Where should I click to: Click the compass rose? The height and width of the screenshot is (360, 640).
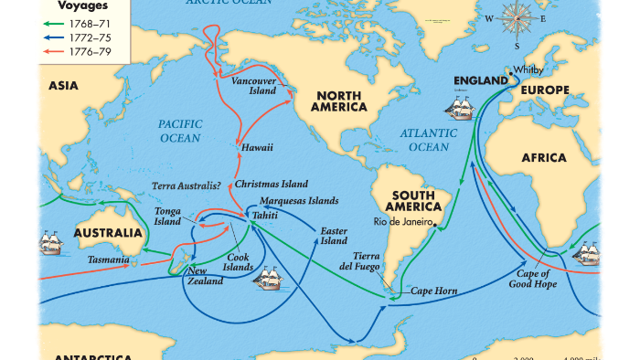coord(516,18)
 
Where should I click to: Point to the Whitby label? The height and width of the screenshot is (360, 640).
coord(528,69)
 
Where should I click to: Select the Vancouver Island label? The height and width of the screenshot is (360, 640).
coord(253,86)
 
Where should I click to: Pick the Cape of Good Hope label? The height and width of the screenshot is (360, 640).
coord(533,279)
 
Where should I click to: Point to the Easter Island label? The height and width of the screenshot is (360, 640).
coord(334,235)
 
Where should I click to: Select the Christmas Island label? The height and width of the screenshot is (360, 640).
coord(272,184)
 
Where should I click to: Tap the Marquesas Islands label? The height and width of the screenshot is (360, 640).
coord(299,200)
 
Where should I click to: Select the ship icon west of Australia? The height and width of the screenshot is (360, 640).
coord(51,244)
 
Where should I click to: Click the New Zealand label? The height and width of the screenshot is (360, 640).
coord(205,276)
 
